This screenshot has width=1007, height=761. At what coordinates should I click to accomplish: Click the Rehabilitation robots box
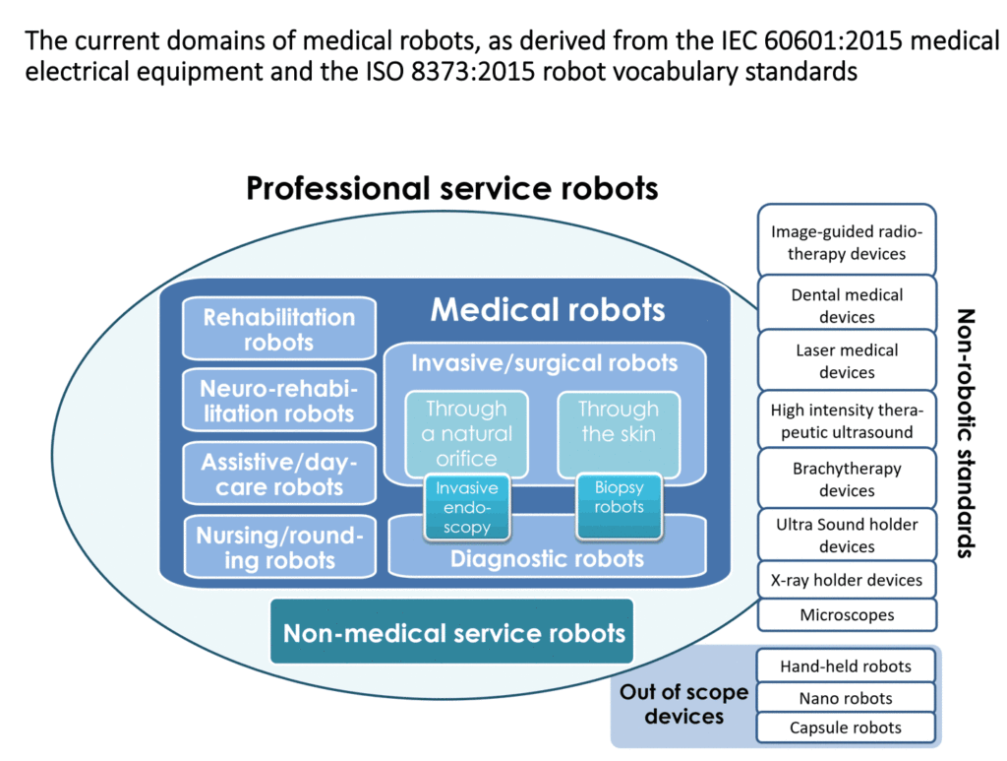pyautogui.click(x=279, y=329)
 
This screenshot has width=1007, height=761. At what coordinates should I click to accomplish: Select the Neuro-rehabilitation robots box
pyautogui.click(x=279, y=401)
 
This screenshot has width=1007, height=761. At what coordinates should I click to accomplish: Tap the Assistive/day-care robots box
pyautogui.click(x=279, y=474)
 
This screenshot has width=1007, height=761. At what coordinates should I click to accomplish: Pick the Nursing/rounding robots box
pyautogui.click(x=279, y=547)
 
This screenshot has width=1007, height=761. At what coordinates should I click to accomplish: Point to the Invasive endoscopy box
pyautogui.click(x=467, y=508)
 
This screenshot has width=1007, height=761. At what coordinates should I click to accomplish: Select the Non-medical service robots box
pyautogui.click(x=453, y=632)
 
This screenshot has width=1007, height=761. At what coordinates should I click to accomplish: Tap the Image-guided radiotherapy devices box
pyautogui.click(x=847, y=242)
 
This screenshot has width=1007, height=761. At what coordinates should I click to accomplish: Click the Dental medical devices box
pyautogui.click(x=847, y=304)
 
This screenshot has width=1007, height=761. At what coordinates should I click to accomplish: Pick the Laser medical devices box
pyautogui.click(x=847, y=360)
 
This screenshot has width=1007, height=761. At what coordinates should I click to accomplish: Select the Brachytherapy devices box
pyautogui.click(x=847, y=478)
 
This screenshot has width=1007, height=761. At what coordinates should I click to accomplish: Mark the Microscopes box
pyautogui.click(x=847, y=614)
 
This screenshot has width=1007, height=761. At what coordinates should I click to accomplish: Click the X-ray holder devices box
pyautogui.click(x=847, y=580)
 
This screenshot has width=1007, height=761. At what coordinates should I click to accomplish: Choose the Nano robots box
pyautogui.click(x=847, y=698)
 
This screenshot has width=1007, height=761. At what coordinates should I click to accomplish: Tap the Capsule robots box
pyautogui.click(x=847, y=728)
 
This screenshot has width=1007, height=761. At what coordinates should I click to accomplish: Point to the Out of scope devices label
pyautogui.click(x=683, y=704)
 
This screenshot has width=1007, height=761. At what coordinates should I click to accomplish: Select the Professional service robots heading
pyautogui.click(x=451, y=187)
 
